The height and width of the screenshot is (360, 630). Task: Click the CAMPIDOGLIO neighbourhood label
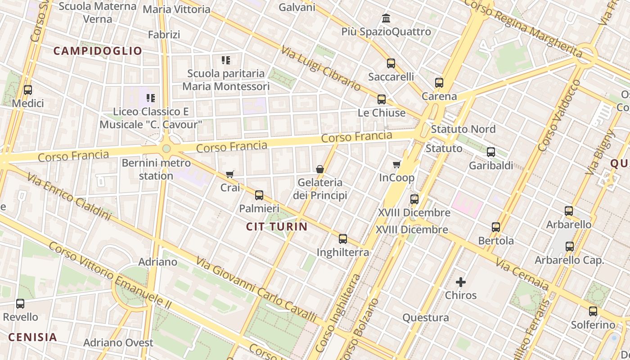click(x=98, y=51)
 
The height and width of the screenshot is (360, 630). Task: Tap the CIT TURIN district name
click(x=277, y=227)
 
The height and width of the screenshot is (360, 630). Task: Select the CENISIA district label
click(x=33, y=337)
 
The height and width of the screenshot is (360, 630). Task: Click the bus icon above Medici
click(x=28, y=90)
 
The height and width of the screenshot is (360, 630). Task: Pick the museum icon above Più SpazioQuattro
click(x=386, y=19)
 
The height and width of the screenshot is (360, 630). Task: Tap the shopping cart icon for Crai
click(x=230, y=174)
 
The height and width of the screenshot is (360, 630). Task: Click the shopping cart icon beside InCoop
click(x=396, y=165)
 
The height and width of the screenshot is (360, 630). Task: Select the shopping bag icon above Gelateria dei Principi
click(x=320, y=169)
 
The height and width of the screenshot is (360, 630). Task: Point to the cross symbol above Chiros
click(x=461, y=282)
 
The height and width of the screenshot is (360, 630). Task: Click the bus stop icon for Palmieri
click(x=259, y=195)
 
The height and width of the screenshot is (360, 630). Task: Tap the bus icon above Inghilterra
click(x=343, y=239)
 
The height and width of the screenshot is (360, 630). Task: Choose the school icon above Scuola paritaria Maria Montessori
click(x=226, y=60)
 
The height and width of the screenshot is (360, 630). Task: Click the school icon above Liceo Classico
click(x=151, y=98)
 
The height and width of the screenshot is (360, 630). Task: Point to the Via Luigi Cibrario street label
click(x=321, y=68)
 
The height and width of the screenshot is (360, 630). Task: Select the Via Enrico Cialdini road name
click(x=68, y=197)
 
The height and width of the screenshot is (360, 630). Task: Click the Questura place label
click(x=426, y=318)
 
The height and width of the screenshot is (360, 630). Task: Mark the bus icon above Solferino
click(x=593, y=311)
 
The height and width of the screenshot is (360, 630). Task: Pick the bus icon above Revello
click(x=20, y=304)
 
